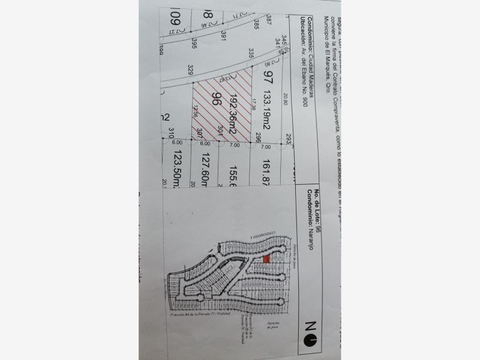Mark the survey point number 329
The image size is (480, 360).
tap(191, 70)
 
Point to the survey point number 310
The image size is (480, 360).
tap(171, 131)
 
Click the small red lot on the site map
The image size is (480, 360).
tap(266, 259)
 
